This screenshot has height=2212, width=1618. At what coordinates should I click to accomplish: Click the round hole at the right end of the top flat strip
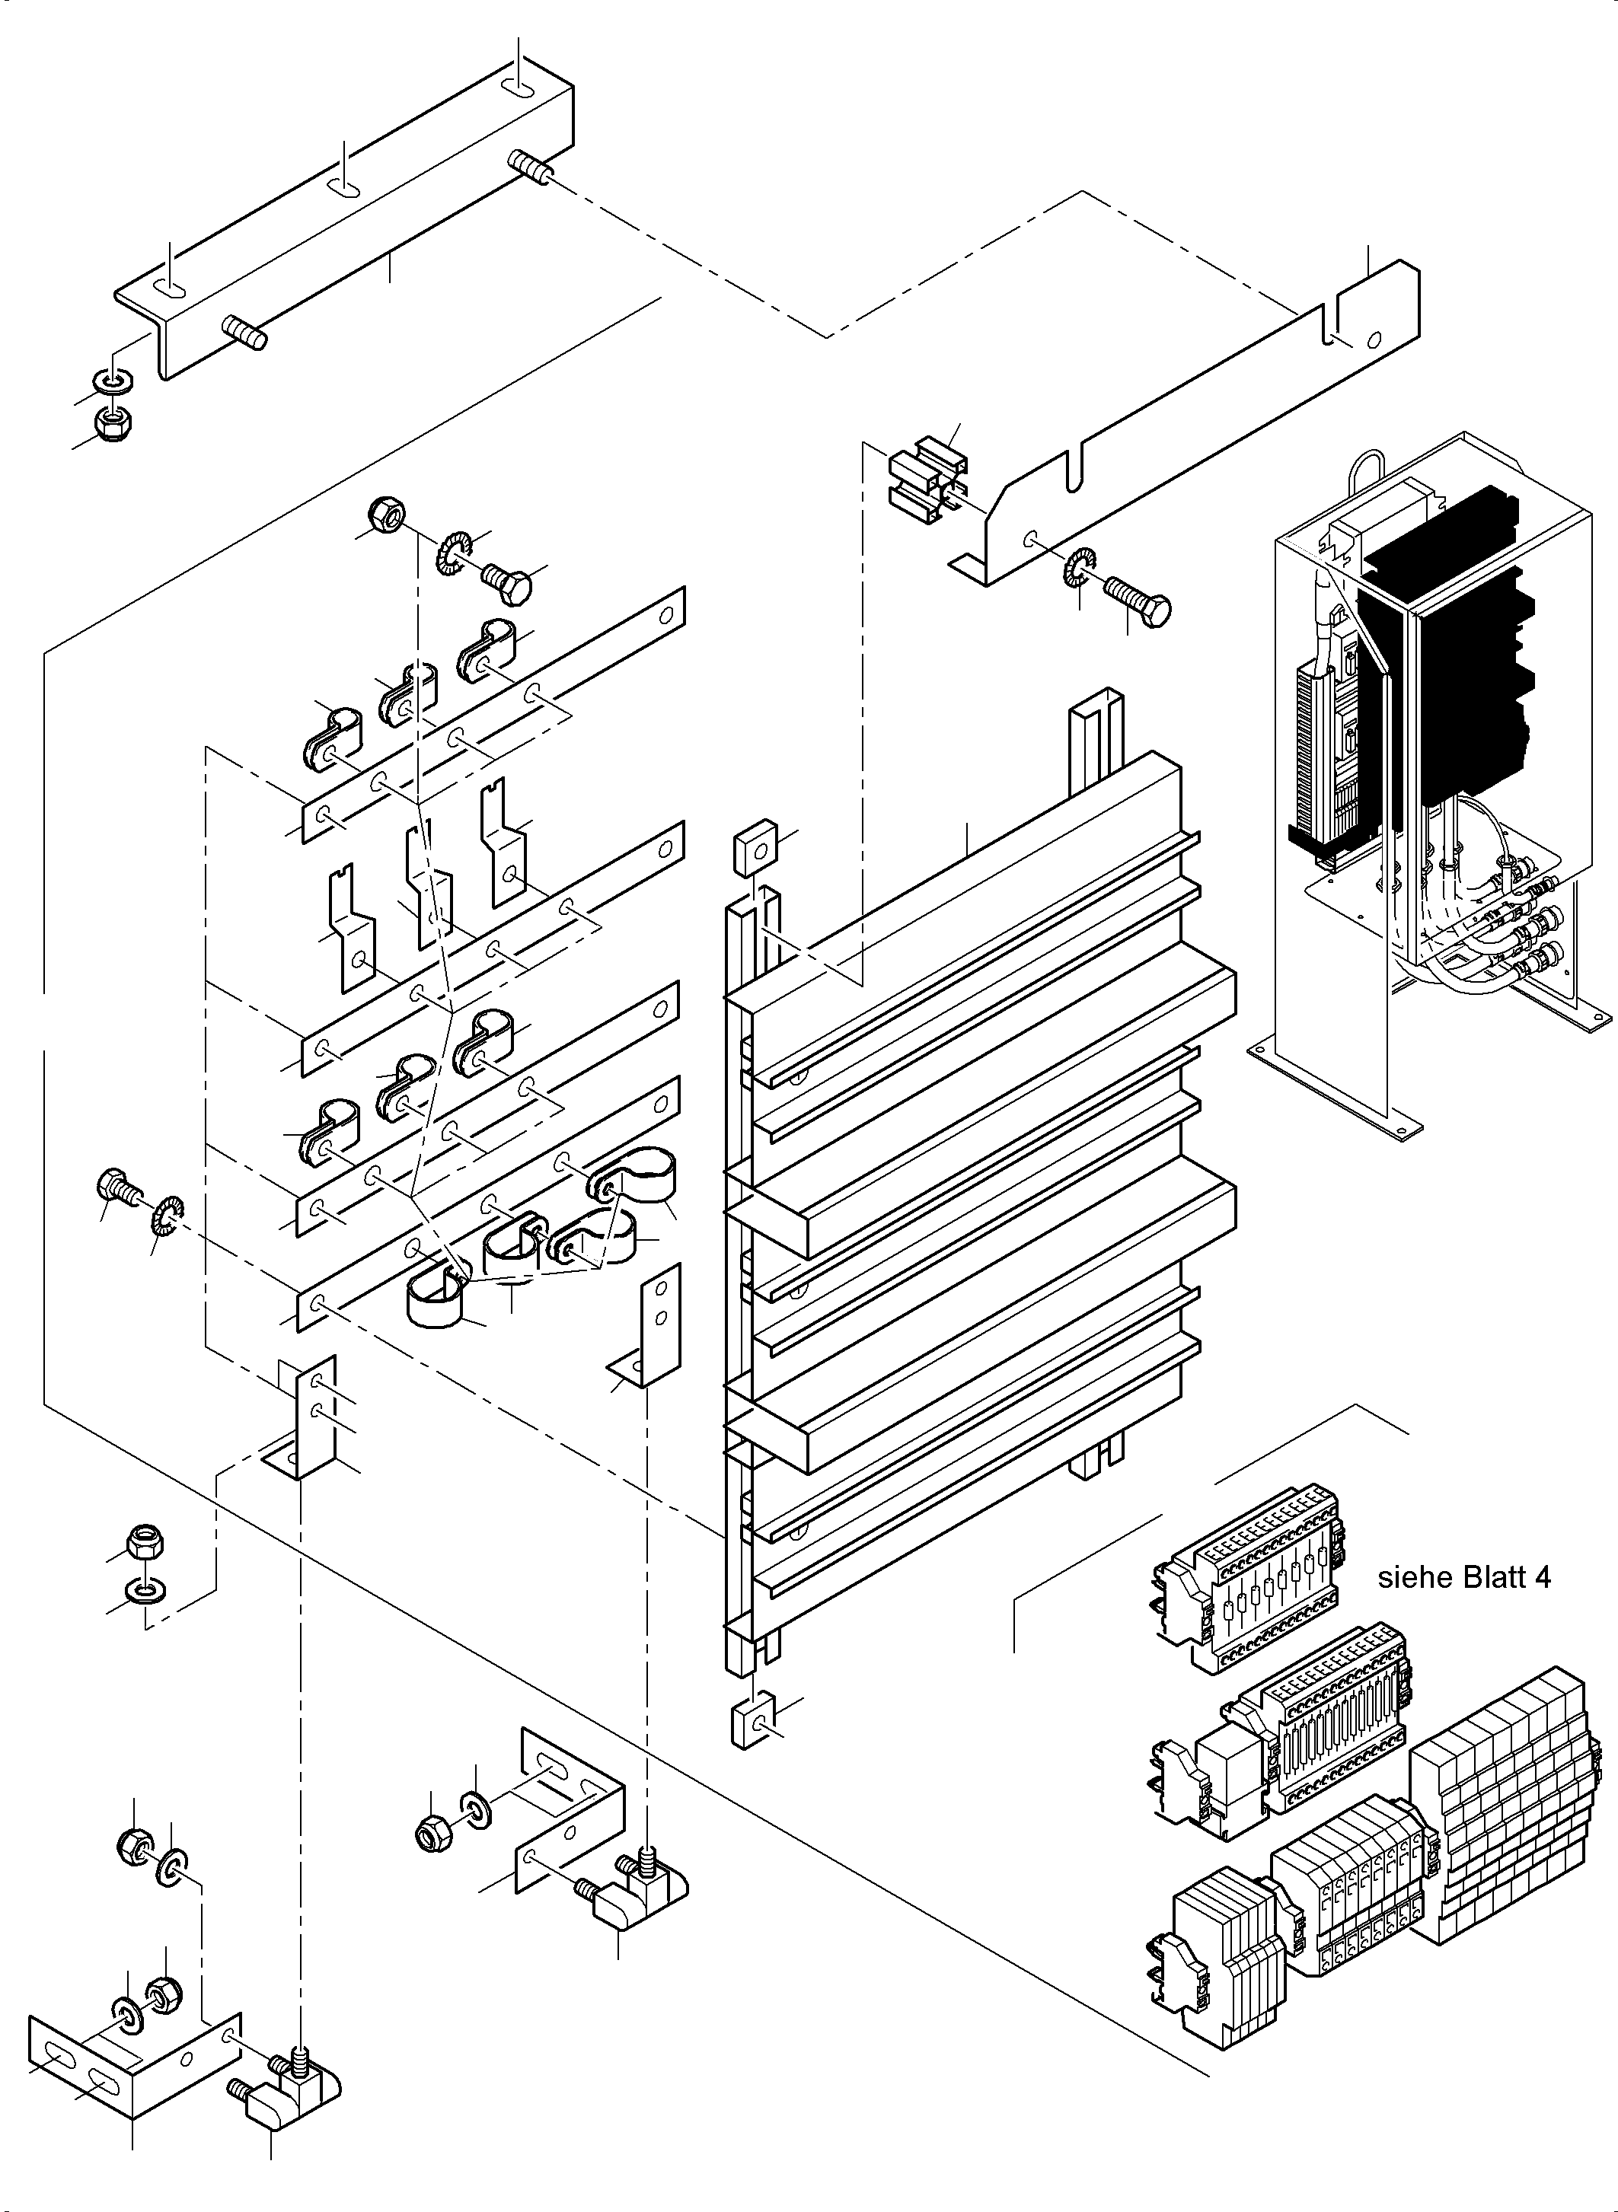click(x=666, y=615)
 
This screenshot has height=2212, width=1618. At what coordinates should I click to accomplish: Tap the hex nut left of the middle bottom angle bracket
click(x=434, y=1833)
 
